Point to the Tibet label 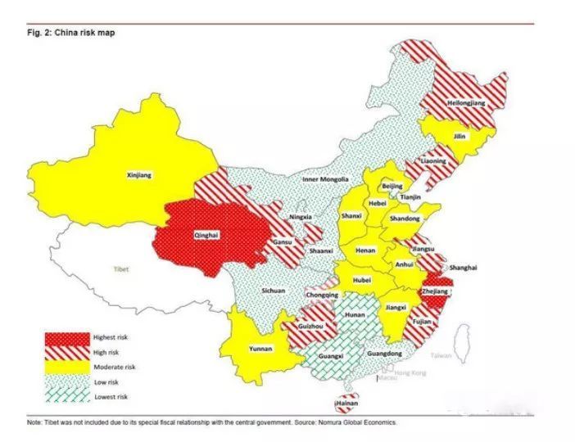coord(121,268)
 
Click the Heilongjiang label coord(466,104)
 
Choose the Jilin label coord(460,137)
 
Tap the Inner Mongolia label coord(325,178)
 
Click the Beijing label coord(393,187)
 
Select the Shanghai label coord(463,268)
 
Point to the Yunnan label coord(260,348)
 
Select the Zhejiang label coord(435,291)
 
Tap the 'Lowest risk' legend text coord(112,397)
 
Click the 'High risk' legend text coord(109,352)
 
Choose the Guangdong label coord(385,353)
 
